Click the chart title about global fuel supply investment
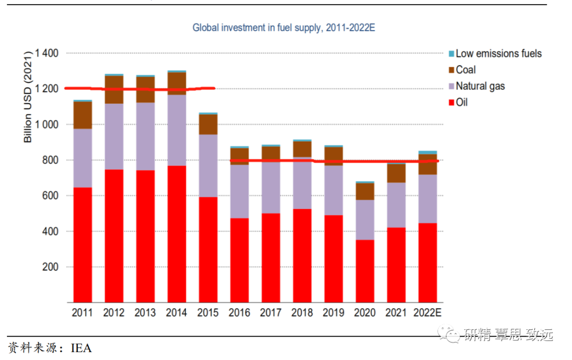tap(283, 28)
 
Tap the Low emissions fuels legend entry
tap(498, 53)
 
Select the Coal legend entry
tap(466, 70)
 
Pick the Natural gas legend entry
tap(480, 86)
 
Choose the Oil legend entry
tap(461, 102)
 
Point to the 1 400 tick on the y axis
tap(47, 53)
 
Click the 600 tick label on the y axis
tap(51, 196)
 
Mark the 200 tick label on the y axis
tap(51, 267)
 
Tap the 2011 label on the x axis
tap(82, 313)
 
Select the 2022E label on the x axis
tap(428, 313)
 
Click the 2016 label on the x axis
tap(239, 313)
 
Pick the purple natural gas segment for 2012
tap(114, 137)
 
